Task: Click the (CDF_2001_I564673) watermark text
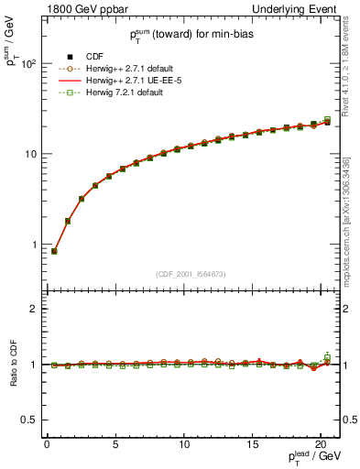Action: coord(192,274)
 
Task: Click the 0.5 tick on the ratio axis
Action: coord(29,420)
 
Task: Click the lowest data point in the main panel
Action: coord(54,251)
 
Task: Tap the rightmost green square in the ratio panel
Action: coord(328,356)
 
